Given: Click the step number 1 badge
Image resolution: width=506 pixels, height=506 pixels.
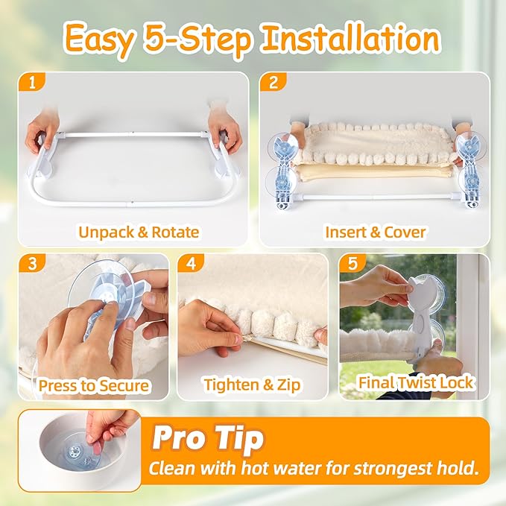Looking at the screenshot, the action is [31, 82].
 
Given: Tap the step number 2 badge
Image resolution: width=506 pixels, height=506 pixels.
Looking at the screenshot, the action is [273, 82].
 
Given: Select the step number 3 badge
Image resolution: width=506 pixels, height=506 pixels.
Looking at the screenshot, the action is [32, 263].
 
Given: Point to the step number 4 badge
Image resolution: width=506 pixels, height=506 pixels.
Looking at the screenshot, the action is [191, 263].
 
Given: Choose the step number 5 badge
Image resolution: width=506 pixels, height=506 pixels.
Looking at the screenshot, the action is [352, 263].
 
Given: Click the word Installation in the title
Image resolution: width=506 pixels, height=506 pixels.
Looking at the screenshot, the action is [351, 39].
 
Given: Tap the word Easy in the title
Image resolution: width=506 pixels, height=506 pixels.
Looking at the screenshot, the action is [99, 40].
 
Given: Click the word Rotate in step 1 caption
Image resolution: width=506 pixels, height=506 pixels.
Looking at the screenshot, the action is [175, 232].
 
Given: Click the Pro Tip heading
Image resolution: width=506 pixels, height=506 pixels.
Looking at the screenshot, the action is [208, 438].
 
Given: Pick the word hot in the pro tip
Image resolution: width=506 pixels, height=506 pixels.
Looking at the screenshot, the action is [253, 468].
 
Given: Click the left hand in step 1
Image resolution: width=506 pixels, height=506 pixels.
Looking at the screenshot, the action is [42, 133].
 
